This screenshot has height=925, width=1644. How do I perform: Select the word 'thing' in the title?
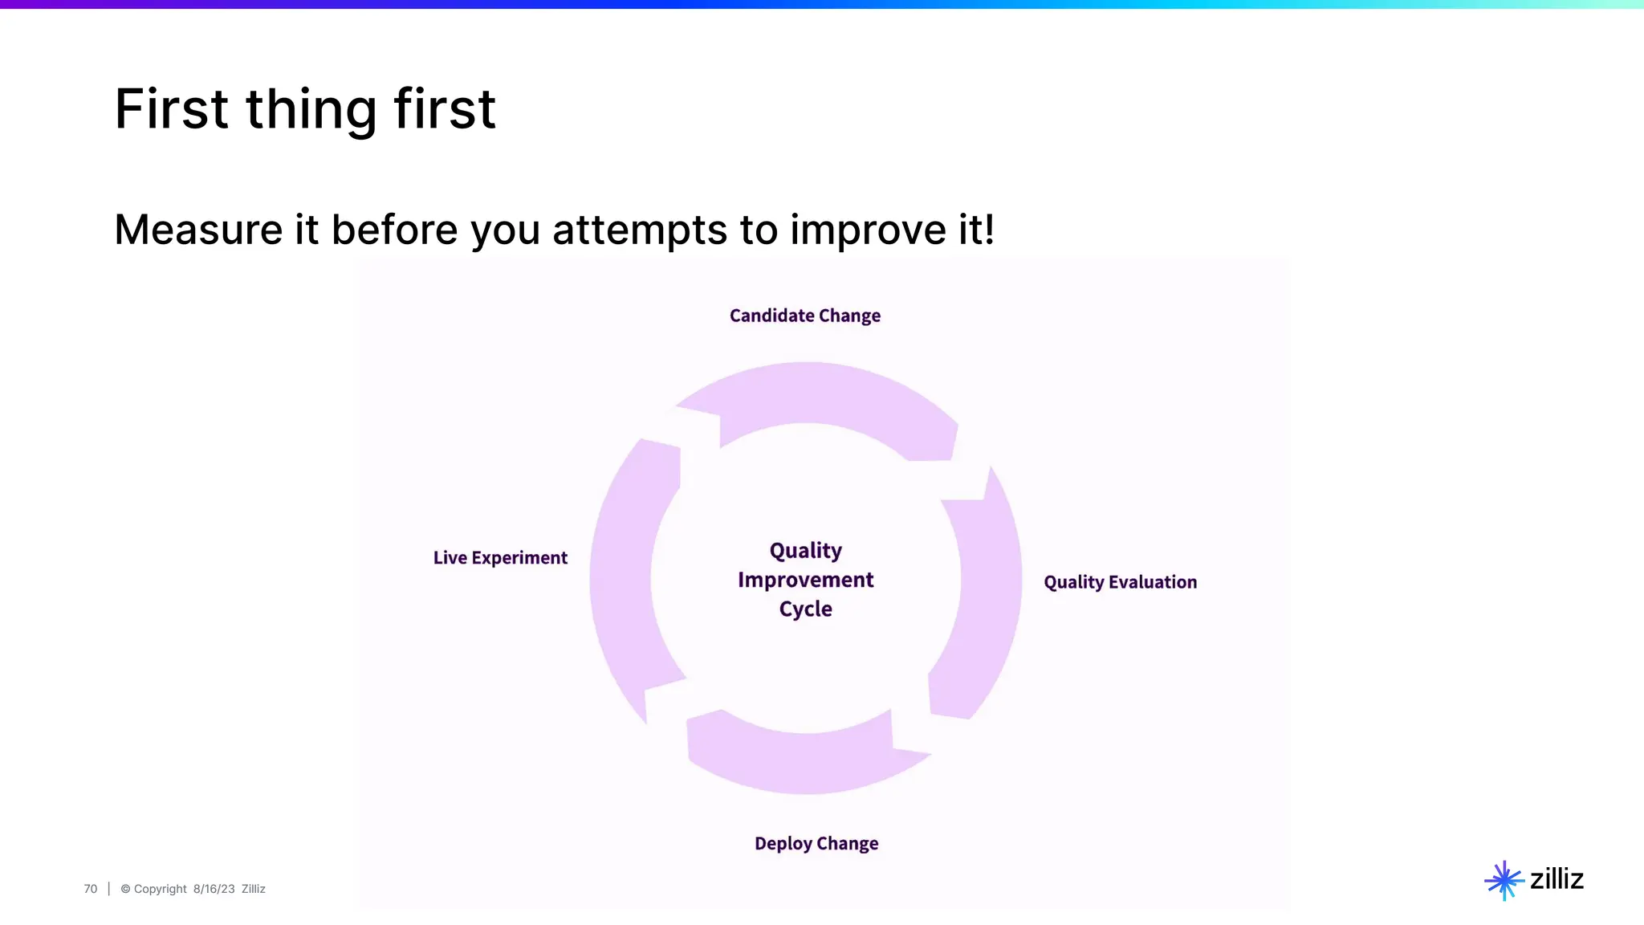tap(311, 109)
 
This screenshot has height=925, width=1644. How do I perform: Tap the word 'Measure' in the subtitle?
tap(198, 230)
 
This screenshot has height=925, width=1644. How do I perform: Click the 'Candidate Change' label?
tap(804, 316)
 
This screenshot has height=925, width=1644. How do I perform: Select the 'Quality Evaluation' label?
tap(1120, 582)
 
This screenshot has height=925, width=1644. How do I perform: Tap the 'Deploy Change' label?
tap(816, 843)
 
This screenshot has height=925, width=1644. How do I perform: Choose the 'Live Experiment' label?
tap(500, 557)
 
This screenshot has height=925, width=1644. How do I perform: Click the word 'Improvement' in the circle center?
tap(805, 580)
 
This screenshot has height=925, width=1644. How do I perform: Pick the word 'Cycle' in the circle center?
tap(805, 609)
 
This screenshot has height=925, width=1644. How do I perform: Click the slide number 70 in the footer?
tap(90, 889)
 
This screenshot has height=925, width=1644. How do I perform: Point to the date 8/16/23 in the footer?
tap(214, 889)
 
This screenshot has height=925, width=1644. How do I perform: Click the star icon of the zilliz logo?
tap(1504, 880)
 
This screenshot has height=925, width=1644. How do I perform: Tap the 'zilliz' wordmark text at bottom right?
tap(1557, 879)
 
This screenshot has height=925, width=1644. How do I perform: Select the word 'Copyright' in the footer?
tap(160, 889)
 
